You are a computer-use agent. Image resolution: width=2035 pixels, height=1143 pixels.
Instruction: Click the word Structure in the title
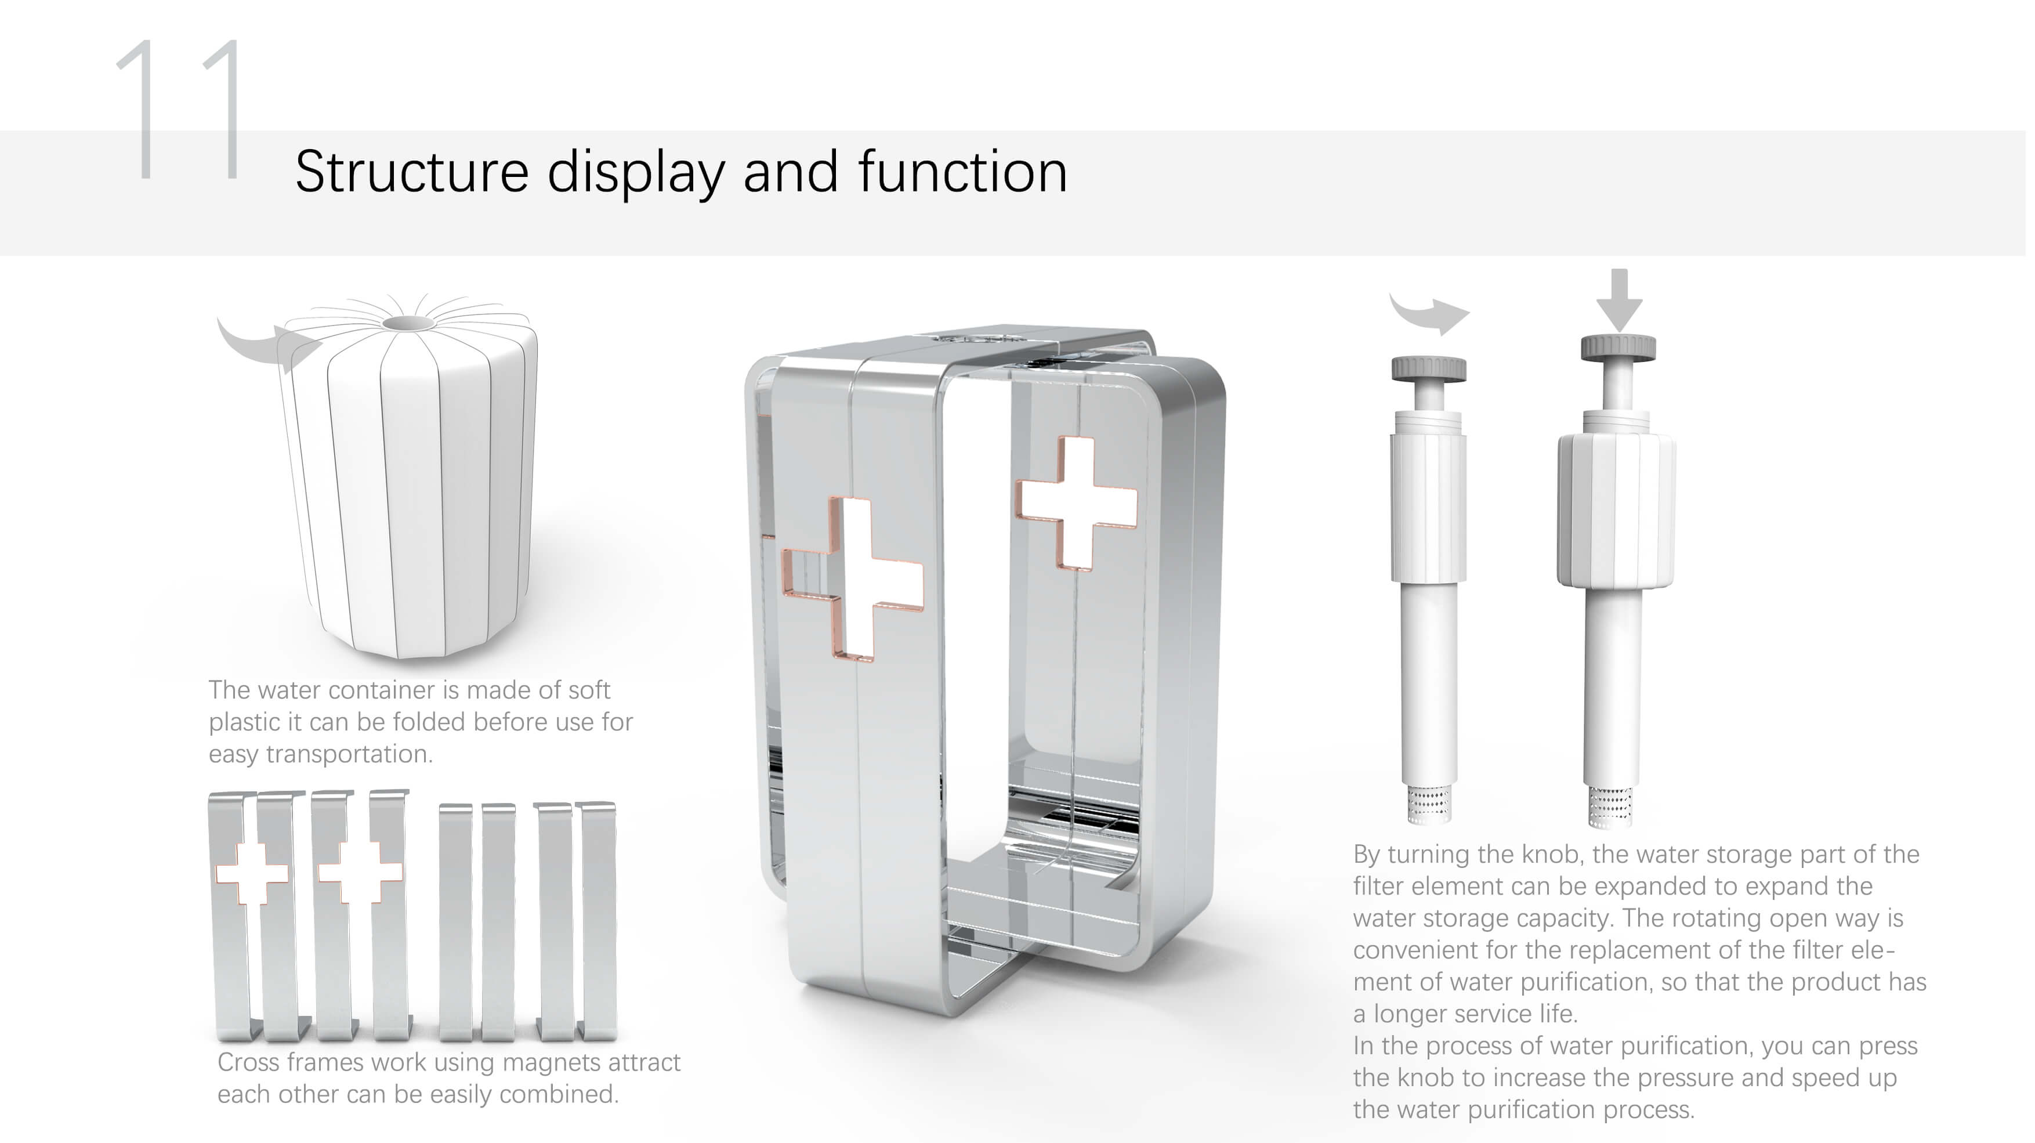(x=411, y=172)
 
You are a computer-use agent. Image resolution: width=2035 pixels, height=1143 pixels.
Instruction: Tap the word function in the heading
(x=962, y=172)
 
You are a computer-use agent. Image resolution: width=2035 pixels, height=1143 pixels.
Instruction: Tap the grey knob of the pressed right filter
(x=1618, y=348)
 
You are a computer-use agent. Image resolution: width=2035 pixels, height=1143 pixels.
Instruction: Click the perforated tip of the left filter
(x=1428, y=804)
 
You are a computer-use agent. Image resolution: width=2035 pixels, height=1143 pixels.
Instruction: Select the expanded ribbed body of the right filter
(x=1616, y=509)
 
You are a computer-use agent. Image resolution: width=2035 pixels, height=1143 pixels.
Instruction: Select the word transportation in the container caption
(x=349, y=754)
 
